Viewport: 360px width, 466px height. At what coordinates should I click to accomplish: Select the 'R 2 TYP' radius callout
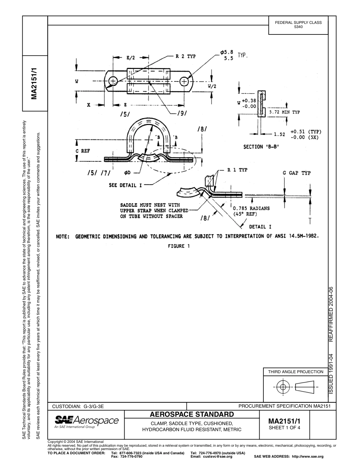click(185, 56)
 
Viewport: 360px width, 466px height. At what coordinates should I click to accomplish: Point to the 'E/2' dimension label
click(130, 58)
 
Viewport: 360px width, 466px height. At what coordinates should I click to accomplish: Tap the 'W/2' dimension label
click(212, 86)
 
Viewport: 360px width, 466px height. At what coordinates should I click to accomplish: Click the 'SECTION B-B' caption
click(261, 147)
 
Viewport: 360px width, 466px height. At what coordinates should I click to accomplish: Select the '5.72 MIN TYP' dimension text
click(284, 113)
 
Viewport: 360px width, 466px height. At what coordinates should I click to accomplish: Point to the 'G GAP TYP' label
click(297, 173)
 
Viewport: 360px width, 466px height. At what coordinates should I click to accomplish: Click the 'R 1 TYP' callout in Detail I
click(237, 170)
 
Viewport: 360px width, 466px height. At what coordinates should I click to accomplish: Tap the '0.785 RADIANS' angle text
click(251, 208)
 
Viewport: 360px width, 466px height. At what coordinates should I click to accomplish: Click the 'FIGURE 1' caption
click(179, 246)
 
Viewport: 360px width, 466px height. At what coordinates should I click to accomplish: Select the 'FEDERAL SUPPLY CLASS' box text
click(298, 22)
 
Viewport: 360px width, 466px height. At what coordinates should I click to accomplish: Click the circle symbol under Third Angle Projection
click(282, 387)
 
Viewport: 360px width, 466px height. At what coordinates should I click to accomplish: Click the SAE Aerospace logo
click(87, 422)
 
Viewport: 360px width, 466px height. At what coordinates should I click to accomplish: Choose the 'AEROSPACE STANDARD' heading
click(191, 414)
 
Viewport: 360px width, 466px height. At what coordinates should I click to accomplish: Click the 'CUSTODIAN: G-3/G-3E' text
click(78, 406)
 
